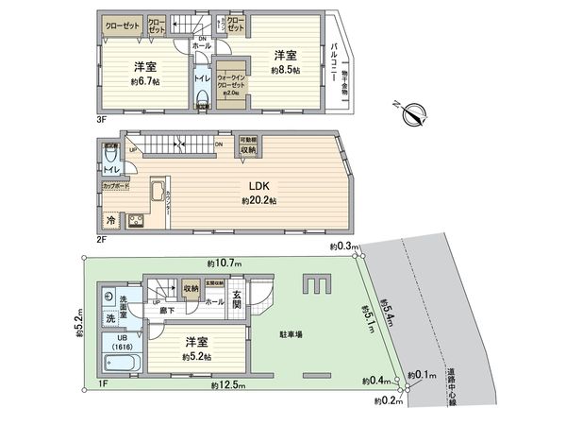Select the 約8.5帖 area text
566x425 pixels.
284,71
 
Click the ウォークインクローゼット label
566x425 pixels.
231,85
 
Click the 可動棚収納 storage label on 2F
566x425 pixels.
248,145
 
